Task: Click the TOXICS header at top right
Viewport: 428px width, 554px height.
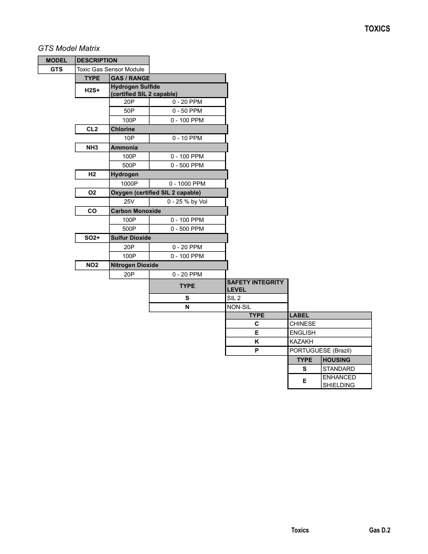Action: coord(377,29)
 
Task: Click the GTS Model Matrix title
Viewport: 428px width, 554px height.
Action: coord(69,48)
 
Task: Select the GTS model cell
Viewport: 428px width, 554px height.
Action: coord(57,69)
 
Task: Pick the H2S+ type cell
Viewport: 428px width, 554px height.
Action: coord(92,90)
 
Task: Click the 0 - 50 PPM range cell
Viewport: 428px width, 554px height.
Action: coord(187,111)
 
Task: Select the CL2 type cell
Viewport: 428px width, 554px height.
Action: coord(92,129)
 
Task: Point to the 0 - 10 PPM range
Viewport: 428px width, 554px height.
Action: coord(187,138)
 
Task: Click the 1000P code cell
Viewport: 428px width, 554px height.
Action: coord(129,184)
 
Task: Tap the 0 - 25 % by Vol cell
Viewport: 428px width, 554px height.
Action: coord(187,202)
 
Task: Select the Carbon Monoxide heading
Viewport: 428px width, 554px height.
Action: coord(136,211)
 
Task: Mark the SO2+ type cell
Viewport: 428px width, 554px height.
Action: coord(92,238)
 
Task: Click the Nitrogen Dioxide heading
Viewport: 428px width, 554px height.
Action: coord(135,265)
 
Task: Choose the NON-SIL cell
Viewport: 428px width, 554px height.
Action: coord(256,307)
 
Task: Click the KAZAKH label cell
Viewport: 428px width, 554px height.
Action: coord(330,342)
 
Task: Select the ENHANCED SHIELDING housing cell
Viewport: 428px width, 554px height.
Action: coord(346,381)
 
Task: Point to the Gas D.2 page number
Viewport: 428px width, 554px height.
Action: coord(380,530)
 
